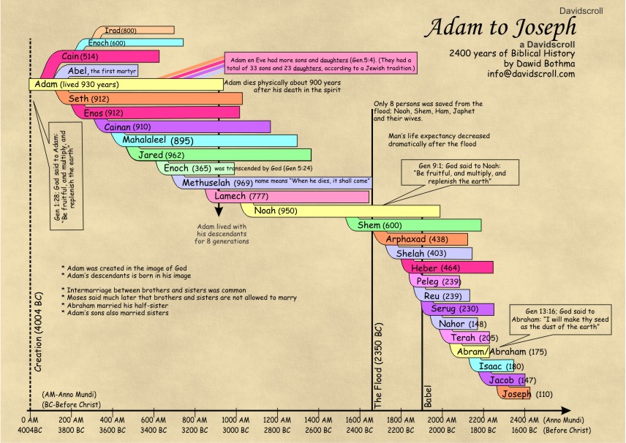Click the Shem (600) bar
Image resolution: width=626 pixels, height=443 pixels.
click(413, 225)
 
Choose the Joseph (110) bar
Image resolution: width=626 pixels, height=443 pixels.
click(515, 393)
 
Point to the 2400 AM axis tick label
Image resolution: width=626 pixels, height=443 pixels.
click(521, 420)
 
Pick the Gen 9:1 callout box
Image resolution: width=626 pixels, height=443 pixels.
click(461, 173)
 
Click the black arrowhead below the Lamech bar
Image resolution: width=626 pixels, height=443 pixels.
click(218, 209)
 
